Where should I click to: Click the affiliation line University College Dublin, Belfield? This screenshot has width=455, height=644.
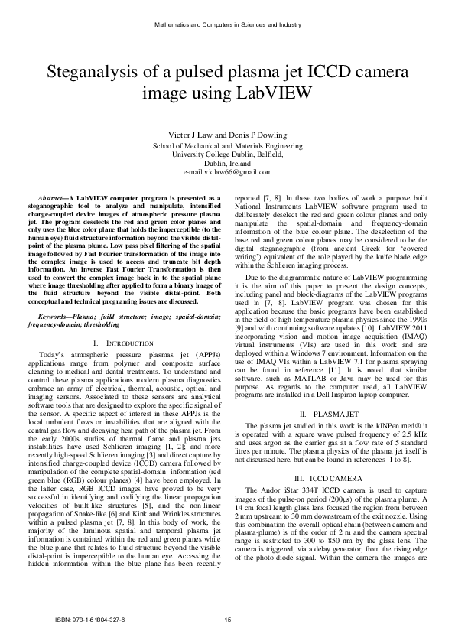(227, 154)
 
